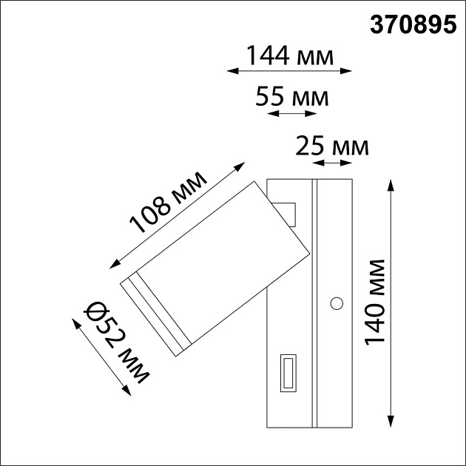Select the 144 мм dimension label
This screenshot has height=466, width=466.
(289, 55)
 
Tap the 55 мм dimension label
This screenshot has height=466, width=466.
(291, 97)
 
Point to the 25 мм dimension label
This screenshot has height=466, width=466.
(331, 146)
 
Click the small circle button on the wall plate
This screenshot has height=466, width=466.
(337, 303)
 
